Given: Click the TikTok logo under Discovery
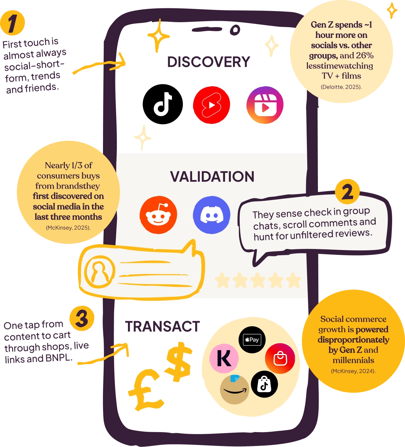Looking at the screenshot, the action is pyautogui.click(x=163, y=104).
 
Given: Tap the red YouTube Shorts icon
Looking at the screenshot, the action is pyautogui.click(x=212, y=105).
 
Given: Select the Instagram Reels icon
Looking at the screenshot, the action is pyautogui.click(x=265, y=105).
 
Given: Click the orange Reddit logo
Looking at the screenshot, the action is pyautogui.click(x=158, y=215).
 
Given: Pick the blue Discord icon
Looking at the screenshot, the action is pyautogui.click(x=212, y=215).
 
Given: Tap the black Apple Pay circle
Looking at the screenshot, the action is pyautogui.click(x=252, y=340).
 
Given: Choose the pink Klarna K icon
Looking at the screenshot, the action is pyautogui.click(x=224, y=359).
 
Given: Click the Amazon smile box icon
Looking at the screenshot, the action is pyautogui.click(x=234, y=390).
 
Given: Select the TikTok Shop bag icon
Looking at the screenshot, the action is pyautogui.click(x=264, y=384).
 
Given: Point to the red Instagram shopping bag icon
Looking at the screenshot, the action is pyautogui.click(x=280, y=359).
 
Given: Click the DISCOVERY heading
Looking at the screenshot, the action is pyautogui.click(x=208, y=62).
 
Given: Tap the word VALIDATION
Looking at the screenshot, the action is pyautogui.click(x=212, y=177).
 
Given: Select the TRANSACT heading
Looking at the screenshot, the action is pyautogui.click(x=162, y=326).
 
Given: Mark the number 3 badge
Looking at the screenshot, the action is pyautogui.click(x=81, y=318).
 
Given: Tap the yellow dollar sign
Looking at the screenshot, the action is pyautogui.click(x=178, y=361).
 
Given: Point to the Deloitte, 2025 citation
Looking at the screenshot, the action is pyautogui.click(x=341, y=87).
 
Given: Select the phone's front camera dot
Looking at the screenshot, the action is pyautogui.click(x=235, y=30).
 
